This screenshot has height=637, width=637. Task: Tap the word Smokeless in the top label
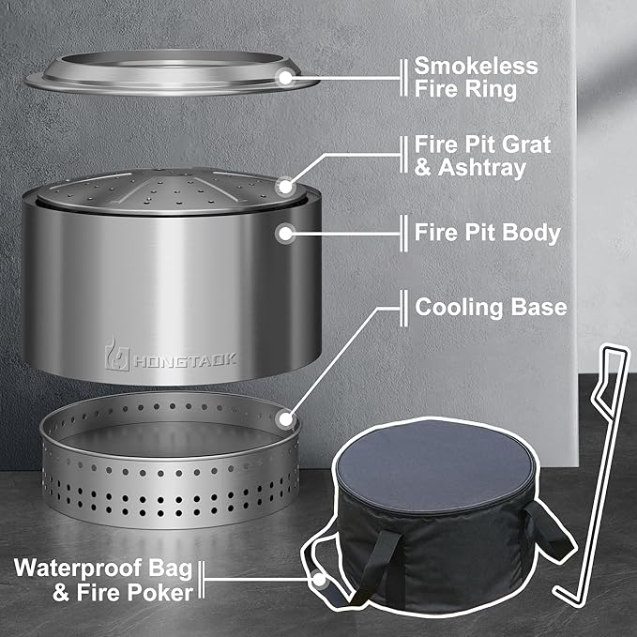tap(477, 67)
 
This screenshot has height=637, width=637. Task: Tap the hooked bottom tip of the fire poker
tap(563, 594)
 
